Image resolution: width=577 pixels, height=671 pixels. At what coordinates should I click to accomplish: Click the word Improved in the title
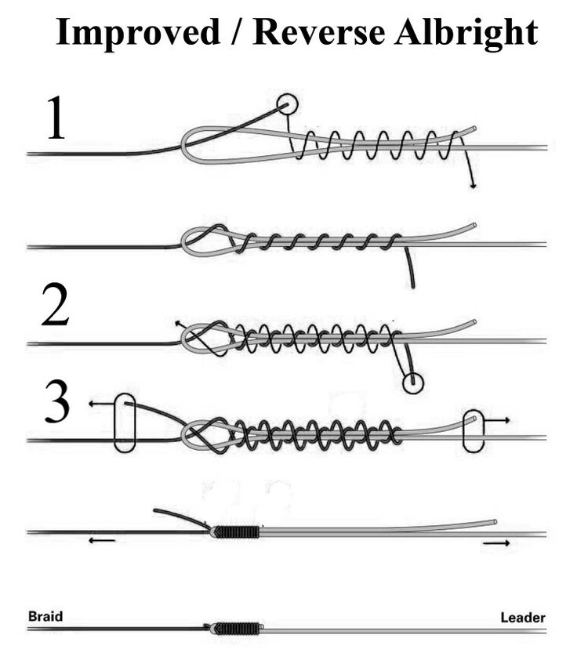pos(138,34)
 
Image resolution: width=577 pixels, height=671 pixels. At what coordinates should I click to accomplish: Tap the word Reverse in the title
pos(319,32)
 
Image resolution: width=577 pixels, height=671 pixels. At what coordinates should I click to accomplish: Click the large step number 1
pos(56,118)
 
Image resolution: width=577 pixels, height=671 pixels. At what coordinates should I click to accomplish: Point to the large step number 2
pos(55,305)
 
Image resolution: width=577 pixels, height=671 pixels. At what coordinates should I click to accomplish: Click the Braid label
pos(45,617)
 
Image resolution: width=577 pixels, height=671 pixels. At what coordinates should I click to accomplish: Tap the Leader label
pos(523,618)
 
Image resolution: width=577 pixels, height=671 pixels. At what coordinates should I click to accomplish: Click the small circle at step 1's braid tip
pos(287,104)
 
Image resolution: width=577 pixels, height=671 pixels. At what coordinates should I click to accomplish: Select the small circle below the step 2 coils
pos(413,383)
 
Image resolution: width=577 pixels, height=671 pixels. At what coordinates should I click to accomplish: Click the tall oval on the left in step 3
pos(125,423)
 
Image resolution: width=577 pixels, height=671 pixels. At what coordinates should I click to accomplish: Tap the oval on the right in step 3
pos(474,431)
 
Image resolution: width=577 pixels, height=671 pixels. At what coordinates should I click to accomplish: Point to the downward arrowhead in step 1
pos(473,185)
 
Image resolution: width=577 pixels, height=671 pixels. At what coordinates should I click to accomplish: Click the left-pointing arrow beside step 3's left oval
pos(101,404)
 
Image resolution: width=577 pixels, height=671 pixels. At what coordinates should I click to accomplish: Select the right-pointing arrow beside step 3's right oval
pos(496,420)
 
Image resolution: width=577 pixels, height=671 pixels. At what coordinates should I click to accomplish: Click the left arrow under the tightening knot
pos(101,540)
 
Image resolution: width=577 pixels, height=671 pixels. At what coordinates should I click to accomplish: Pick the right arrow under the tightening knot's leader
pos(496,543)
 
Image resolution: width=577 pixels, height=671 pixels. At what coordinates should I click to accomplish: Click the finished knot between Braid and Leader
pos(234,628)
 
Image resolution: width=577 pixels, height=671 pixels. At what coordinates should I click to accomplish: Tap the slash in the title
pos(237,32)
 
